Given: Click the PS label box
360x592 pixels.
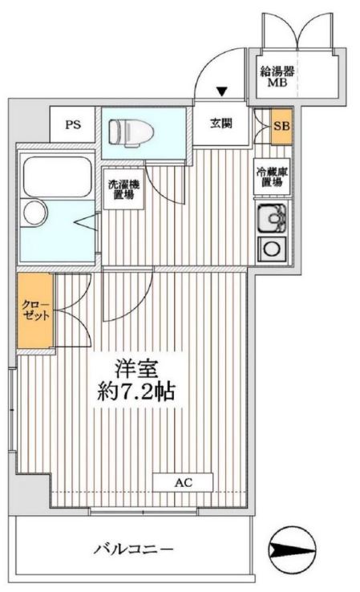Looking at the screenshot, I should (73, 124).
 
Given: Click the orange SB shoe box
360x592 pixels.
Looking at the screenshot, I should (281, 126).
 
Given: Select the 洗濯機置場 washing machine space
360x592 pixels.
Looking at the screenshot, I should (122, 189).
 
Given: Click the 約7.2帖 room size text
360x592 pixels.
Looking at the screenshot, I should (134, 394).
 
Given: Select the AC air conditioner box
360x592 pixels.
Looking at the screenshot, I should (184, 483).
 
